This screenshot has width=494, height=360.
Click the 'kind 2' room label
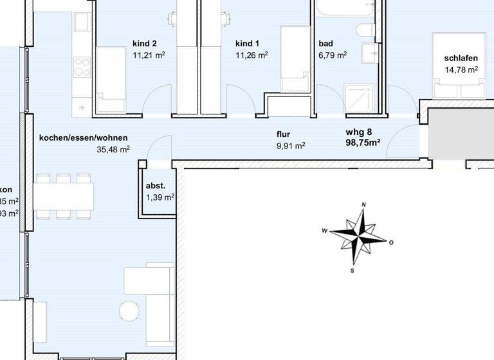click(145, 44)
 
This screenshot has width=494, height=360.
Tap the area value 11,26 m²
click(252, 55)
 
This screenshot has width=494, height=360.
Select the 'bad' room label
click(325, 44)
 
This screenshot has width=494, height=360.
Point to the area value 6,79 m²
click(333, 55)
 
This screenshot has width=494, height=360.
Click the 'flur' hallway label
click(284, 134)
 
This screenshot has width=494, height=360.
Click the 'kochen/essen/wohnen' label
click(83, 138)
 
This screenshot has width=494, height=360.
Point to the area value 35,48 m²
click(113, 149)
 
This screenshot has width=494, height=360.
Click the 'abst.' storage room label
click(156, 186)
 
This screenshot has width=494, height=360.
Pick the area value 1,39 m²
click(160, 197)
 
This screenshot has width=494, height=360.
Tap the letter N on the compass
click(364, 205)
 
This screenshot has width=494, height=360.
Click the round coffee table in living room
click(130, 310)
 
